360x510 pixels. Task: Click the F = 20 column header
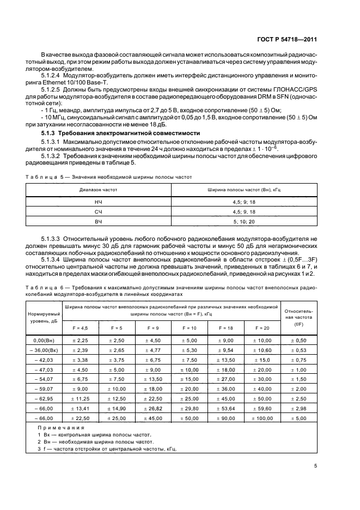(263, 327)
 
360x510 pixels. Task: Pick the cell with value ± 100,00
(263, 418)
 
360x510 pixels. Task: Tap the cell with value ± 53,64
(226, 408)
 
